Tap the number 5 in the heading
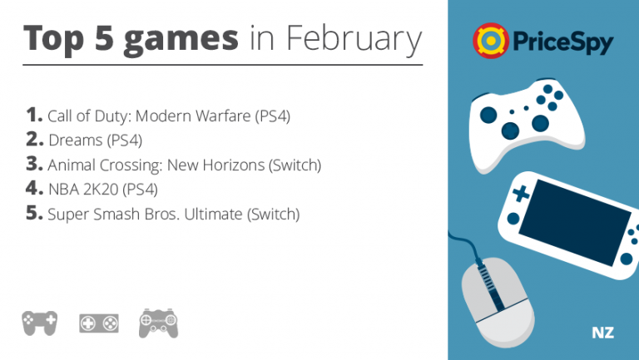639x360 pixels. (x=104, y=38)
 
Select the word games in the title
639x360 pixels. (x=181, y=41)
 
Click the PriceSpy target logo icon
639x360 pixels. (x=491, y=41)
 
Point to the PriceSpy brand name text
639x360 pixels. (x=562, y=42)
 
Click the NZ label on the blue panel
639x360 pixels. (x=602, y=333)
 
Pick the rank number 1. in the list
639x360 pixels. (x=34, y=115)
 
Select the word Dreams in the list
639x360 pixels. (x=76, y=140)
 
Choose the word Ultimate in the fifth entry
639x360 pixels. (x=213, y=215)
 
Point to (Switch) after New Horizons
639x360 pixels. (x=295, y=165)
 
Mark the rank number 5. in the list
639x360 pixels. (x=34, y=213)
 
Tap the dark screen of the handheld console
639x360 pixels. (x=575, y=222)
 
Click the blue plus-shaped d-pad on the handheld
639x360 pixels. (x=520, y=194)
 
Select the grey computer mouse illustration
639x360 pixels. (x=498, y=302)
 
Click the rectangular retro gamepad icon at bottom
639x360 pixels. (x=99, y=323)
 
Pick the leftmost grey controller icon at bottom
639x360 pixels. (x=40, y=323)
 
